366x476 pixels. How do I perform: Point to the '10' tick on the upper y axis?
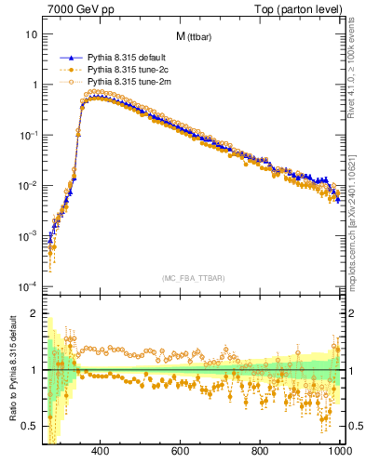[30, 34]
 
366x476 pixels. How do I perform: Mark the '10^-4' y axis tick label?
[27, 285]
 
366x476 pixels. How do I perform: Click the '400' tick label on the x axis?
[102, 452]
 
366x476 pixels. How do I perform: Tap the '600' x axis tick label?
[182, 452]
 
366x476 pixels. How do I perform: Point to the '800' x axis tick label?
[262, 452]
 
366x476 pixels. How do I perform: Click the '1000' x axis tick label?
[339, 452]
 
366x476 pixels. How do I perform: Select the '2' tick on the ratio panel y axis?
[34, 314]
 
